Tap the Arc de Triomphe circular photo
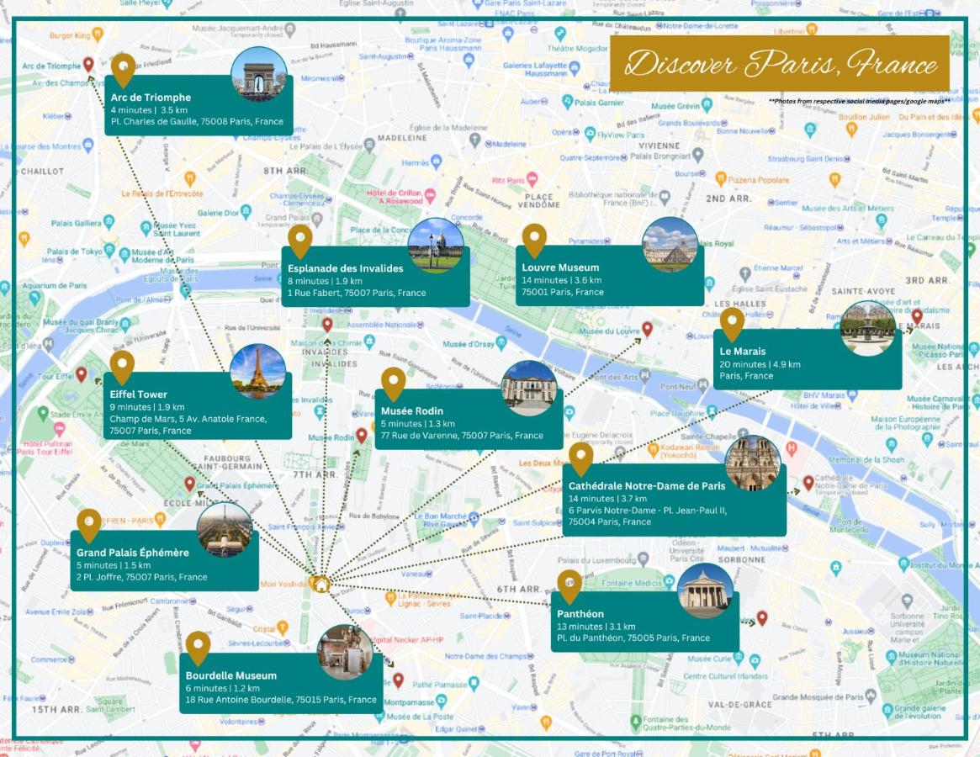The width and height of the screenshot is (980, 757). [258, 75]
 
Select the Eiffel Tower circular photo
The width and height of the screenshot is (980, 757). [257, 371]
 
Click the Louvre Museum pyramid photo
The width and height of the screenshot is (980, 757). [670, 245]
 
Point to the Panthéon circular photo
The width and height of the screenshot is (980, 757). [705, 590]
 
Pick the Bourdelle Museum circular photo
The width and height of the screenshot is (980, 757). [345, 652]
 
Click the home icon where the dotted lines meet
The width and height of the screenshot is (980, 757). [320, 584]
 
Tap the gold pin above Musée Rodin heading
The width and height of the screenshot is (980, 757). [393, 383]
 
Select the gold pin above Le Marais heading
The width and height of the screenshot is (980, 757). [732, 324]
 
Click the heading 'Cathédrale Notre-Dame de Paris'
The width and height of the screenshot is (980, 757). [646, 486]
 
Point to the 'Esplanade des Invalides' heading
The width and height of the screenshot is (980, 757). [345, 268]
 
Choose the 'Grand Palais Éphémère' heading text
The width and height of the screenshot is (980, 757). [132, 553]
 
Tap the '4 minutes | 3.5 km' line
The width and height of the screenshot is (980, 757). [149, 109]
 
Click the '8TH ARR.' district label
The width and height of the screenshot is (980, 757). [283, 171]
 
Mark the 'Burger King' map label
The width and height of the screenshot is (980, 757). [69, 35]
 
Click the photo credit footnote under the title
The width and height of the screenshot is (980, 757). [859, 101]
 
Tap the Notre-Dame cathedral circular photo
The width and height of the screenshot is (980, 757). [752, 463]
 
